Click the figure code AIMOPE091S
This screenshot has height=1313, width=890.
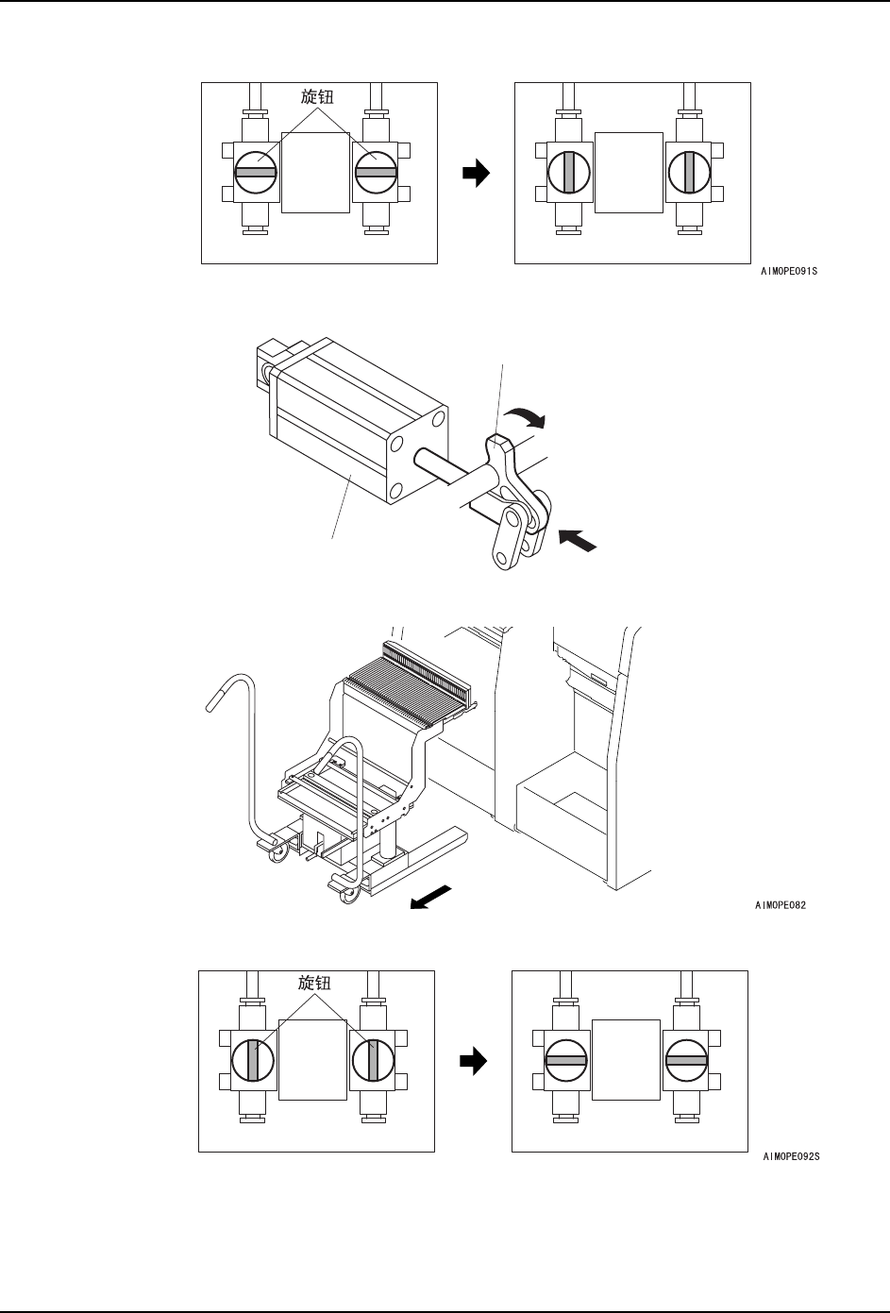tap(789, 270)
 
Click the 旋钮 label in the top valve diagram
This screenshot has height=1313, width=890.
tap(317, 98)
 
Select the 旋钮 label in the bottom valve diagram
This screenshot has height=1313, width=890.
tap(314, 984)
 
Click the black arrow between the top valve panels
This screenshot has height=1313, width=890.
tap(478, 173)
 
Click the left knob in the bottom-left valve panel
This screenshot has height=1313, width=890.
tap(253, 1060)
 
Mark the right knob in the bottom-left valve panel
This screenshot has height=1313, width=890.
tap(373, 1060)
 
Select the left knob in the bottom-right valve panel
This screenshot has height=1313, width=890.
tap(566, 1060)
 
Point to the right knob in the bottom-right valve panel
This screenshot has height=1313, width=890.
tap(686, 1060)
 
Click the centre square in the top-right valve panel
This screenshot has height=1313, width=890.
tap(630, 173)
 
